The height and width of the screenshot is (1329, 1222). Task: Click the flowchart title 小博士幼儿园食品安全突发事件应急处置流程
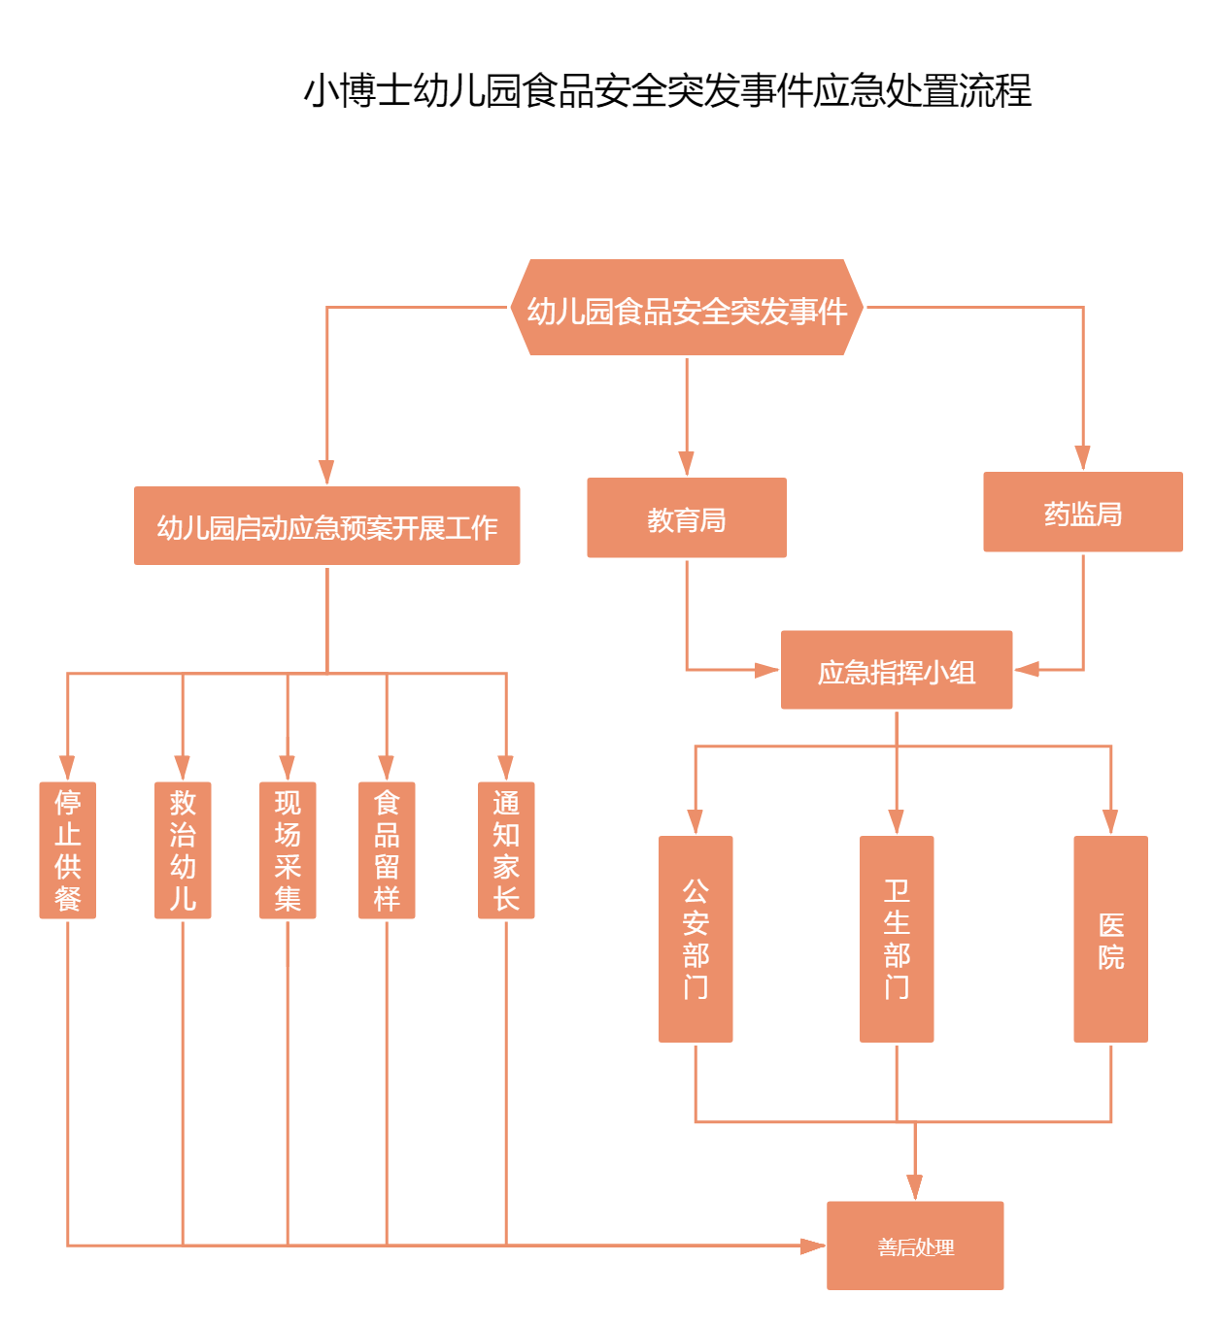pyautogui.click(x=667, y=90)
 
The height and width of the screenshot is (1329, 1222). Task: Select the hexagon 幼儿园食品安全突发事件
pyautogui.click(x=687, y=308)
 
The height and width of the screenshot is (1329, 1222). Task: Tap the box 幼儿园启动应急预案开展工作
pyautogui.click(x=326, y=525)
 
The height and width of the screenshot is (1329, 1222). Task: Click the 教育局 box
pyautogui.click(x=687, y=517)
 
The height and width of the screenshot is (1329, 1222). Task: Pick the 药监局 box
pyautogui.click(x=1082, y=512)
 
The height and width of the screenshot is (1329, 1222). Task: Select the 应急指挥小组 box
pyautogui.click(x=896, y=670)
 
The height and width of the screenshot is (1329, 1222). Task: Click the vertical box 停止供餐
pyautogui.click(x=67, y=849)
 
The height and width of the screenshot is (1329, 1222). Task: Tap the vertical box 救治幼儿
pyautogui.click(x=183, y=849)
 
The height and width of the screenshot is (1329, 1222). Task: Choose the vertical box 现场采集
pyautogui.click(x=288, y=849)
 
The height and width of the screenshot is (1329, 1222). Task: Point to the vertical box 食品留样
pyautogui.click(x=387, y=849)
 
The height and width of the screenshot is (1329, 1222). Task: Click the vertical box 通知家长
pyautogui.click(x=506, y=849)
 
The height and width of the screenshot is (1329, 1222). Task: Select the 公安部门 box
pyautogui.click(x=696, y=939)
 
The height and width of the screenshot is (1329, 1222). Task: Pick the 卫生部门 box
pyautogui.click(x=897, y=939)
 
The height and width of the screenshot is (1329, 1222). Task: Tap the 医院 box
pyautogui.click(x=1110, y=939)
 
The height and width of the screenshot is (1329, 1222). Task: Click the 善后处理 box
pyautogui.click(x=915, y=1246)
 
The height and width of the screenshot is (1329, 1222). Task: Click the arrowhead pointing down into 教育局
pyautogui.click(x=687, y=463)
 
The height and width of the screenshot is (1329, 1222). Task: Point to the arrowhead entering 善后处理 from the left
pyautogui.click(x=812, y=1246)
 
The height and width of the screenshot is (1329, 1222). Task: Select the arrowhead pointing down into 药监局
pyautogui.click(x=1082, y=458)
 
